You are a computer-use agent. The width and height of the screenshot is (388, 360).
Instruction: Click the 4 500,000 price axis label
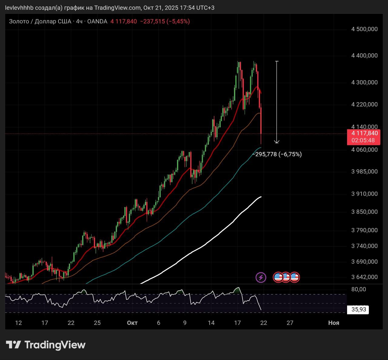pos(364,29)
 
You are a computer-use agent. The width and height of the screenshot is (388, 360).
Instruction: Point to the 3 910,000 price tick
pos(364,194)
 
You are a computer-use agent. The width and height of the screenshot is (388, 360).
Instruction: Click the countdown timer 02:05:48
pos(363,140)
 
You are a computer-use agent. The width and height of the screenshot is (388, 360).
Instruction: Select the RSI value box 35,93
pos(359,309)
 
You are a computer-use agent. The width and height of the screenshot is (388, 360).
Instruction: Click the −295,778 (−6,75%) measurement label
pos(277,154)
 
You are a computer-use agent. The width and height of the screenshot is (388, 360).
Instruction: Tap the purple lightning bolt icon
pos(261,277)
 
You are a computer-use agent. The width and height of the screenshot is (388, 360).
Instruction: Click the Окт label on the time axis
pos(132,323)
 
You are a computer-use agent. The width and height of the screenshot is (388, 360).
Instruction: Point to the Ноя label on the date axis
pos(333,323)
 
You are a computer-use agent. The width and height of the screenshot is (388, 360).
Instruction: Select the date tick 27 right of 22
pos(290,323)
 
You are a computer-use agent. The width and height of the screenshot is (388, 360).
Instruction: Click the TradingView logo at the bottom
pos(46,345)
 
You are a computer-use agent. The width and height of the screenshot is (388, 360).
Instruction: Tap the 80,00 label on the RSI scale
pos(359,289)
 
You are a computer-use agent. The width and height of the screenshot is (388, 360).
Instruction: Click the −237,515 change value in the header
pos(152,21)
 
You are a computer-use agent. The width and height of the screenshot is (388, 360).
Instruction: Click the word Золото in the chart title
pos(19,21)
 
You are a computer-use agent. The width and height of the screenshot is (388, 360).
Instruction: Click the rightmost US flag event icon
pos(295,277)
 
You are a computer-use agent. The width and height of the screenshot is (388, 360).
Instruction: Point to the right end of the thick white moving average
pos(261,197)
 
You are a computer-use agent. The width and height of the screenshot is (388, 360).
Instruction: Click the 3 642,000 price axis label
pos(364,277)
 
